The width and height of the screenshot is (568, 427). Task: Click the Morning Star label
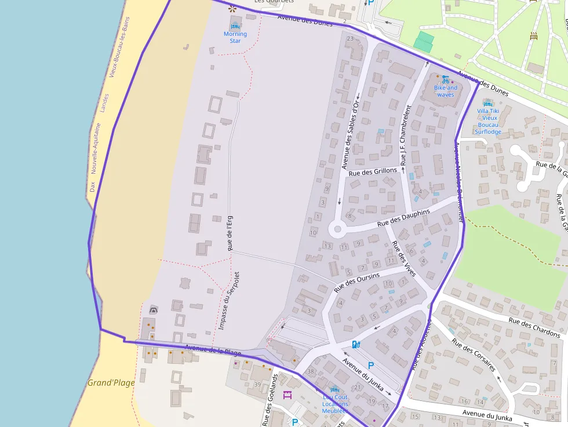coord(235,37)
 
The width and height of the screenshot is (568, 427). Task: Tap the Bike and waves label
coord(446,91)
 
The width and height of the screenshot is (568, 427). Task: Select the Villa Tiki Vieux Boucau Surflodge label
coord(488,121)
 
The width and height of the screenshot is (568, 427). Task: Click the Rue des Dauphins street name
coord(403,218)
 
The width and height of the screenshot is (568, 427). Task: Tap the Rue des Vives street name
coord(403,258)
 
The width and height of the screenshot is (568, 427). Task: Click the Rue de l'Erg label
coord(230,233)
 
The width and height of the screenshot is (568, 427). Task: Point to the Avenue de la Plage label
coord(213,351)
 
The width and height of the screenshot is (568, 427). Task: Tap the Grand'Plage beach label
coord(111,382)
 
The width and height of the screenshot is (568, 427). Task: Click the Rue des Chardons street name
coord(534,327)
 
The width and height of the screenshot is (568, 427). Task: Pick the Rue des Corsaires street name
coord(474,355)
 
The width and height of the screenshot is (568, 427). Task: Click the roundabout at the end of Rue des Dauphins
coord(336,229)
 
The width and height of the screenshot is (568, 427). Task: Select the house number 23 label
coord(349,39)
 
